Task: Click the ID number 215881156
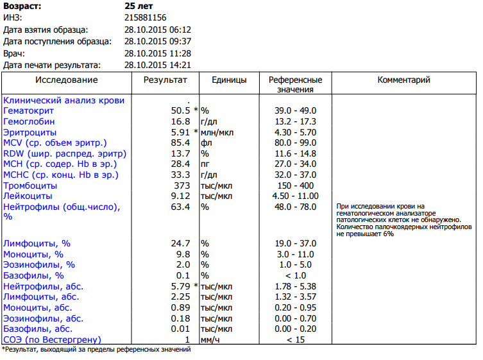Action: (146, 17)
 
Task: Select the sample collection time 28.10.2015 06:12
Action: (158, 30)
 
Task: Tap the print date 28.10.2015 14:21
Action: (158, 65)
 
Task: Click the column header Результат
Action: (165, 80)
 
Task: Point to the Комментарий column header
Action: (403, 80)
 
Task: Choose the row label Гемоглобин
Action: (29, 121)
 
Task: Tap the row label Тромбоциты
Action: (30, 185)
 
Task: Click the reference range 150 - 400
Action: (295, 185)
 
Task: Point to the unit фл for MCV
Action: (206, 142)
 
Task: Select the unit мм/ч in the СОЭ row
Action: (210, 339)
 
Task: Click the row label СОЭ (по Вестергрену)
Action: (53, 339)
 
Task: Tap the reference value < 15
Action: (295, 339)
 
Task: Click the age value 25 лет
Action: (139, 5)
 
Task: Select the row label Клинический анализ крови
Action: (64, 100)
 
